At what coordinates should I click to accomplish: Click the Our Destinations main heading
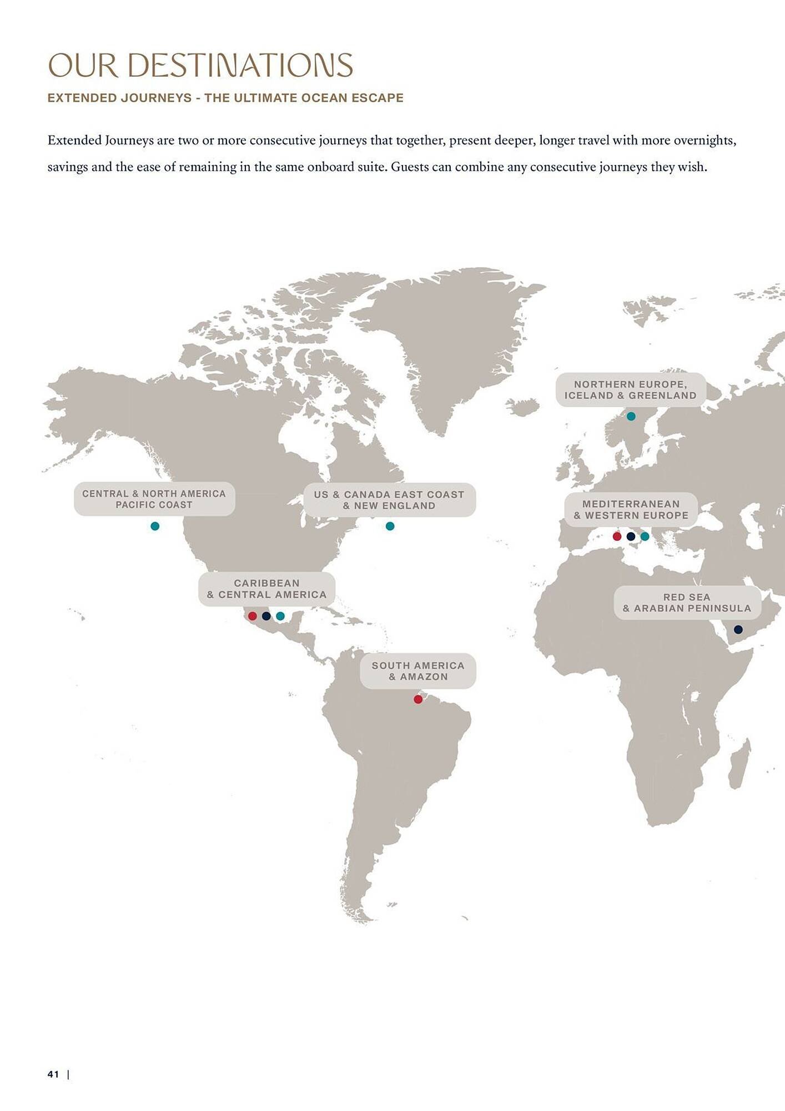tap(200, 65)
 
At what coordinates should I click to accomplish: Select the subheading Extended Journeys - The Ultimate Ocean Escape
tap(225, 98)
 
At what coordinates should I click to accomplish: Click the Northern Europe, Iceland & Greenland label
tap(631, 390)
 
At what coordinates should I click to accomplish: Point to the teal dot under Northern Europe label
tap(631, 416)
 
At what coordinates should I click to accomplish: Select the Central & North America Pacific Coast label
tap(154, 499)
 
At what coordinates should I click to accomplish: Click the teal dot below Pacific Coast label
tap(155, 526)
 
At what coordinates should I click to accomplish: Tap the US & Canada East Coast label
tap(389, 500)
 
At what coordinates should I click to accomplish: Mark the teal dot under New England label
tap(390, 526)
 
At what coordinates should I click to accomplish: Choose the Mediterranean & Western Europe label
tap(631, 509)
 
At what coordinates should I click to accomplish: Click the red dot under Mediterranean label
tap(617, 536)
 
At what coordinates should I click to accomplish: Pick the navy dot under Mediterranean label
tap(631, 536)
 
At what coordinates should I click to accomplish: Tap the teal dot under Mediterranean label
tap(645, 536)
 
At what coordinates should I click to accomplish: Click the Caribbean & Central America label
tap(267, 589)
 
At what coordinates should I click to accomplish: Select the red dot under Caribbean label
tap(253, 616)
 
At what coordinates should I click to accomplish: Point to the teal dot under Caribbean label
tap(280, 616)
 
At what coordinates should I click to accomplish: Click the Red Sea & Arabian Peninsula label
tap(687, 603)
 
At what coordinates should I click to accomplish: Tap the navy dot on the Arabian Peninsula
tap(738, 629)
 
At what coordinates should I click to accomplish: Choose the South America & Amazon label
tap(418, 671)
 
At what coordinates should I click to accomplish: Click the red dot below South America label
tap(418, 699)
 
